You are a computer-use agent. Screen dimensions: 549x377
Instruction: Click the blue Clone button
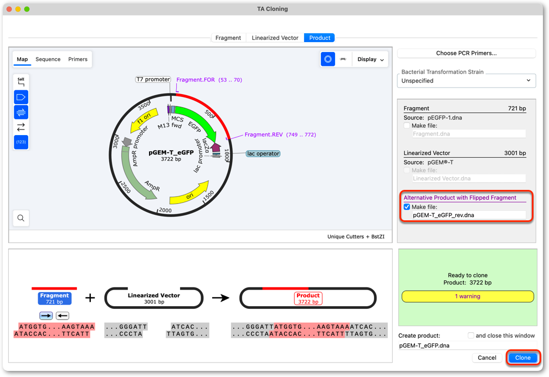[522, 358]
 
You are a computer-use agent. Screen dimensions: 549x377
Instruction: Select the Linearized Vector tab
[275, 38]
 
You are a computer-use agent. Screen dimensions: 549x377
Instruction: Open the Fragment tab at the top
[228, 38]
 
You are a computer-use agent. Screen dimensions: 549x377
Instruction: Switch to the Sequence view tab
[48, 59]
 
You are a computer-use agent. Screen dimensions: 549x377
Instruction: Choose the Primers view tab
[78, 59]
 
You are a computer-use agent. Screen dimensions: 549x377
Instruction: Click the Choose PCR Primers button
[466, 53]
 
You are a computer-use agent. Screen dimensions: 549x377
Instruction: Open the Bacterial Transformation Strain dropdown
[466, 81]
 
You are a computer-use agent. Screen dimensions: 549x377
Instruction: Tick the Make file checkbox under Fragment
[407, 126]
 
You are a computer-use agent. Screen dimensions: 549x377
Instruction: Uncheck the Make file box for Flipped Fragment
[407, 206]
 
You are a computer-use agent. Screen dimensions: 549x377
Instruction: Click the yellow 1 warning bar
[468, 296]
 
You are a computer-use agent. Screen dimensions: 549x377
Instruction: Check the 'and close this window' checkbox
[471, 335]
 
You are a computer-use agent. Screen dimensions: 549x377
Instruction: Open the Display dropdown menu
[371, 59]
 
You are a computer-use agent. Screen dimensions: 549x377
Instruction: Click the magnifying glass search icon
[21, 218]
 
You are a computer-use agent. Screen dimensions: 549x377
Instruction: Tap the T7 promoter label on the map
[153, 79]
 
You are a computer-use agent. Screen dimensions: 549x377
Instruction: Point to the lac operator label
[263, 153]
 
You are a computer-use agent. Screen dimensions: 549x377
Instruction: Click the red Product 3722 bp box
[308, 298]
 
